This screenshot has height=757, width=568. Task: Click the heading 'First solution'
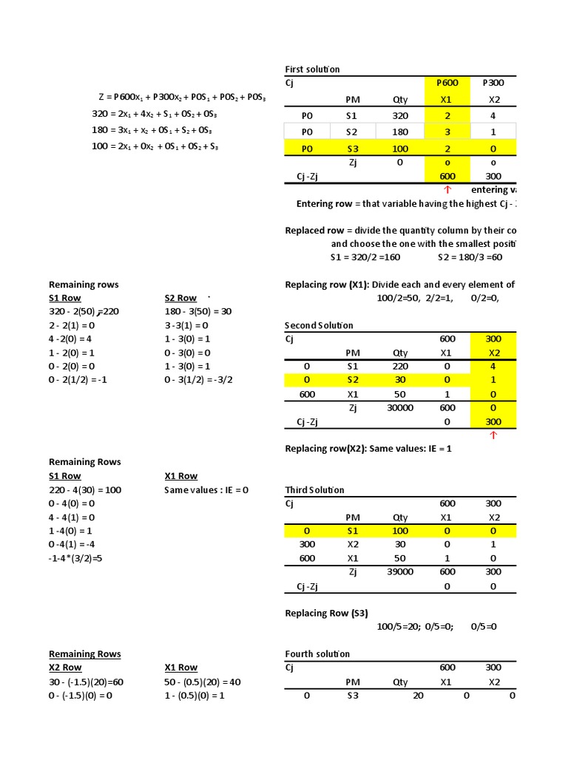point(312,69)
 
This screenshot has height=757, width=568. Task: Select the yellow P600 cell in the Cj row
point(446,83)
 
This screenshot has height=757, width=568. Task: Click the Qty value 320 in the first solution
point(400,115)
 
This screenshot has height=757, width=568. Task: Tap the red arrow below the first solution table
point(447,190)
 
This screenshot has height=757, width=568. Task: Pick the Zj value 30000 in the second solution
point(400,407)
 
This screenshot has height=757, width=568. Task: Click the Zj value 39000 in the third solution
point(400,571)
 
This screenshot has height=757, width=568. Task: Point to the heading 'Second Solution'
point(319,325)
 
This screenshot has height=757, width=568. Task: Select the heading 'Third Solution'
point(314,489)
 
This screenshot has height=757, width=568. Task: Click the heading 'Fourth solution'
point(317,654)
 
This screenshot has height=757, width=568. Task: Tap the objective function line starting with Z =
point(182,98)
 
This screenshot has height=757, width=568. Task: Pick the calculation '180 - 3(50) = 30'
point(197,311)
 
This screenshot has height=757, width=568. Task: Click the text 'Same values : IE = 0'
point(206,489)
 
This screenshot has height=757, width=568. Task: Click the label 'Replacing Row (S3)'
point(326,613)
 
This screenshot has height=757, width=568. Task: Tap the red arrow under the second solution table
point(493,435)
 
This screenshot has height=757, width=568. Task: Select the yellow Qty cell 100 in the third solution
point(400,531)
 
